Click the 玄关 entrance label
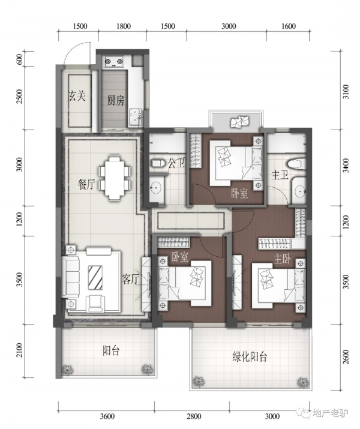point(77,97)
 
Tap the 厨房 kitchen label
point(115,101)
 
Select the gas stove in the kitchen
point(114,62)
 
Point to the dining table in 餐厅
point(115,178)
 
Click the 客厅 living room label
point(131,280)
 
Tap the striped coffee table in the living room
point(95,277)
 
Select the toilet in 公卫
point(158,164)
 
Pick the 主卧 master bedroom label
point(282,258)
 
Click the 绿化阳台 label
point(250,357)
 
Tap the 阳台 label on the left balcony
point(111,350)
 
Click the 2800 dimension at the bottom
point(193,416)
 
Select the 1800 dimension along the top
point(124,26)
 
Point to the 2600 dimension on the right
point(346,356)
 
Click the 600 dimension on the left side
point(20,59)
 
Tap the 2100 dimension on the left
point(19,351)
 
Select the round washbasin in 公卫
point(157,188)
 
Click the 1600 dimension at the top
point(289,26)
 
